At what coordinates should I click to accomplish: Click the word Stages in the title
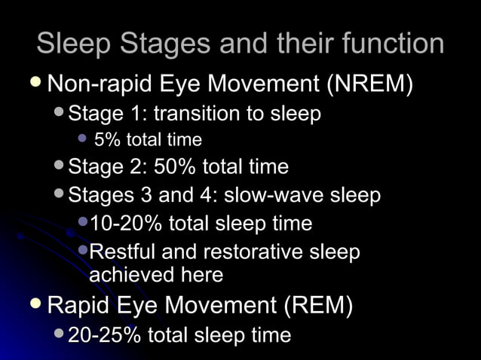click(149, 44)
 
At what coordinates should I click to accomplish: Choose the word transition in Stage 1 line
click(197, 114)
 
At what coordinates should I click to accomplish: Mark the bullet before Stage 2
click(60, 165)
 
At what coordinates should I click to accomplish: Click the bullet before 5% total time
click(83, 139)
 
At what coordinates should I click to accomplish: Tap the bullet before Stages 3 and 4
click(60, 194)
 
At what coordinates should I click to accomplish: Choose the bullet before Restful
click(82, 250)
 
